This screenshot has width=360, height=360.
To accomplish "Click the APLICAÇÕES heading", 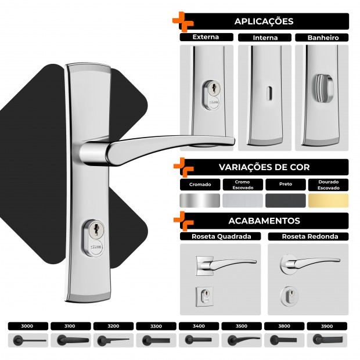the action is point(264,21).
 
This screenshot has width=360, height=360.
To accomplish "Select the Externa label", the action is point(206,37).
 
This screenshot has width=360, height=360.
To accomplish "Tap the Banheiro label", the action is point(323,38).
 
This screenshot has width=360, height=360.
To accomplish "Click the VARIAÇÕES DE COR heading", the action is point(264,167).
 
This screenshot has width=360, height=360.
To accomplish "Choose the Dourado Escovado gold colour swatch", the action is point(328,200).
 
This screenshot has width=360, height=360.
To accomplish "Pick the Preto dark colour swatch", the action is point(286,200).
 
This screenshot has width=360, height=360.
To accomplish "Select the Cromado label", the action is point(200,185).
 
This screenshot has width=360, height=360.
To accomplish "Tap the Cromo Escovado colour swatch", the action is point(243,200).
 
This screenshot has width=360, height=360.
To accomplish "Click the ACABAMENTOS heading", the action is point(264,221).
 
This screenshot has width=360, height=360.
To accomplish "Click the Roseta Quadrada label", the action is point(221,236).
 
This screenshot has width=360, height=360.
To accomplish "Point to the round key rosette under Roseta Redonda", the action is point(289,296).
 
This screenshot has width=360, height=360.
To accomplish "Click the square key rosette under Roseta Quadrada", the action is point(204,296).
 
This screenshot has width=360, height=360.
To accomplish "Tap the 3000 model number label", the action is point(27,326).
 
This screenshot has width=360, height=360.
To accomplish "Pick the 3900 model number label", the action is point(327,326).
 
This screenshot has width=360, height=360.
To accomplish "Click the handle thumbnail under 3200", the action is point(113,340).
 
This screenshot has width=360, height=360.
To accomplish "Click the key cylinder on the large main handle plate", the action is point(93,238).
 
